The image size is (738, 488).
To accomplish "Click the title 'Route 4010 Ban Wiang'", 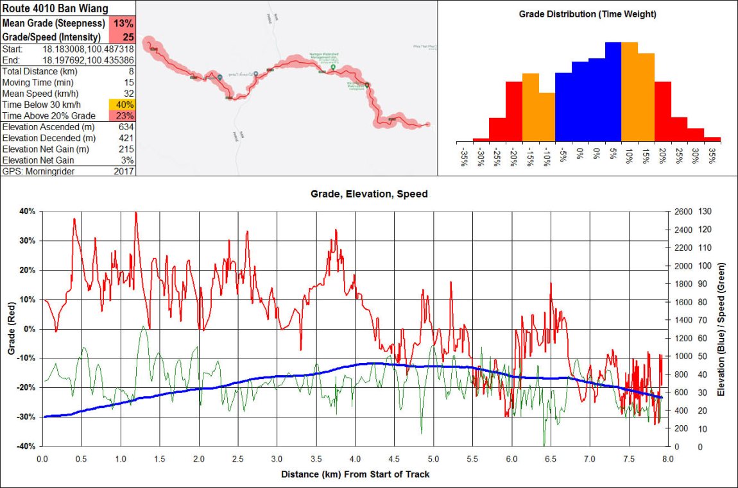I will [55, 8].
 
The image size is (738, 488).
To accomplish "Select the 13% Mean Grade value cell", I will [123, 23].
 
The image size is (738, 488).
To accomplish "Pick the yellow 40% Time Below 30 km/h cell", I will [122, 105].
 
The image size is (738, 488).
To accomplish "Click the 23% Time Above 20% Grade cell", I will [122, 115].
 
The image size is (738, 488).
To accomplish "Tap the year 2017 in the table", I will [123, 171].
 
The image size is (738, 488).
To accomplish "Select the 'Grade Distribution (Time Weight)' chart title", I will [587, 13].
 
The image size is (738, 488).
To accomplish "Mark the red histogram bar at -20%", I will [513, 111].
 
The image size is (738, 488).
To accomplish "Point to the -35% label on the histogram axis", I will [464, 157].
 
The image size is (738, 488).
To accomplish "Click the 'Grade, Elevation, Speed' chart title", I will [368, 193].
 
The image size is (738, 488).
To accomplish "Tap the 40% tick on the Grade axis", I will [28, 211].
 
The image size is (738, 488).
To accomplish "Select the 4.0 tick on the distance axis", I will [355, 459].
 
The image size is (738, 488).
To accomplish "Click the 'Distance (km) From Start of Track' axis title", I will [355, 475].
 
